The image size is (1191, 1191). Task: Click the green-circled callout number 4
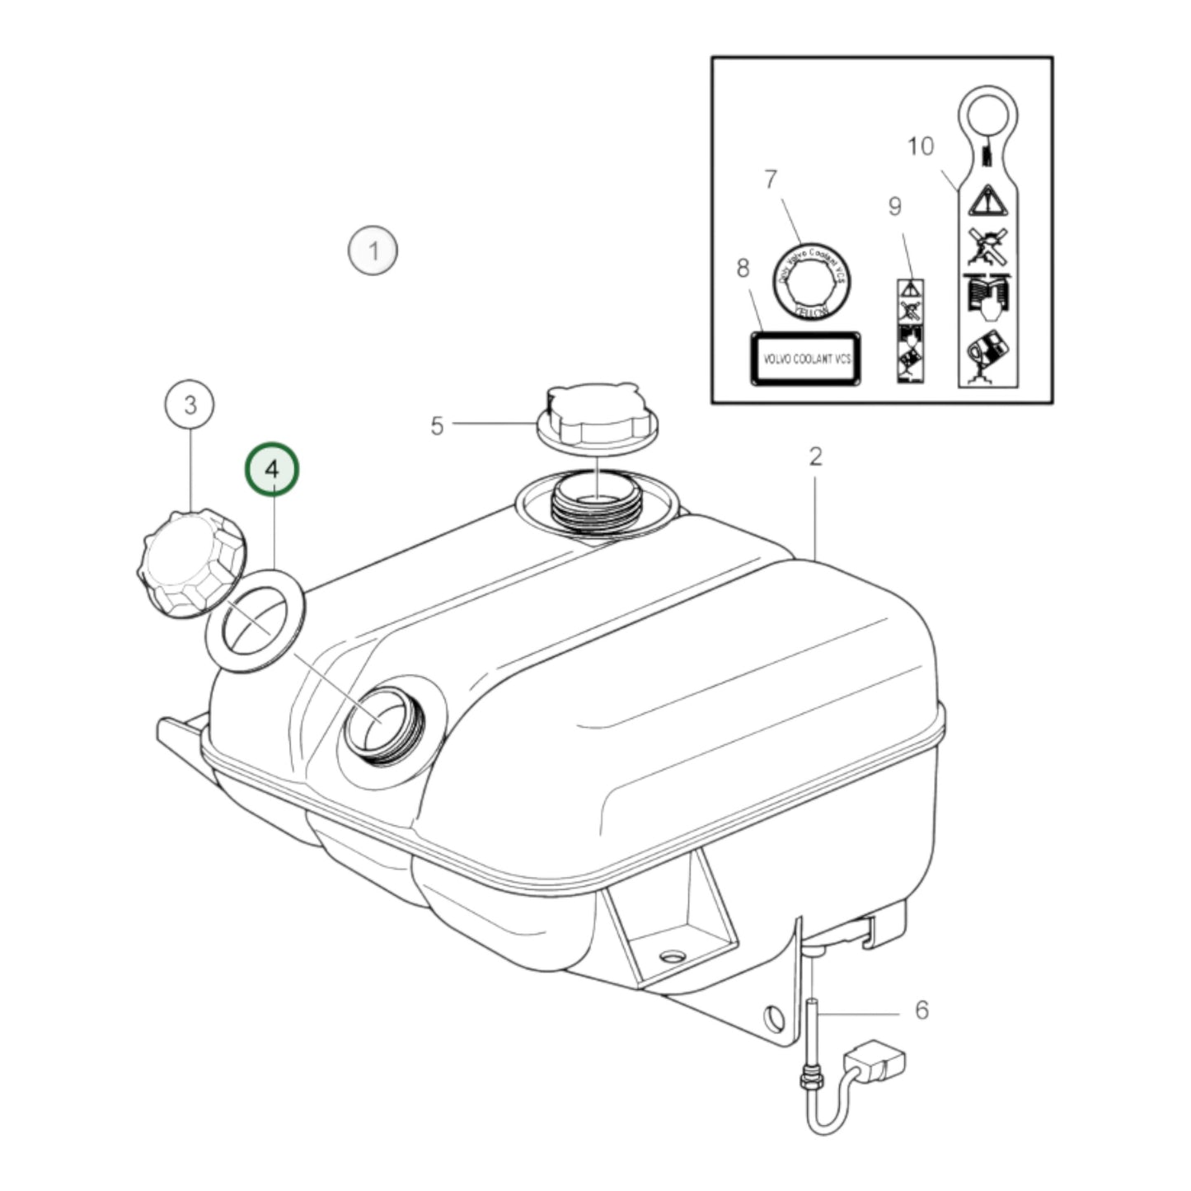pyautogui.click(x=272, y=469)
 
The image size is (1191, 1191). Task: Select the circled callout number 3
pyautogui.click(x=190, y=405)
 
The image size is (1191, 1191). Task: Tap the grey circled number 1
pyautogui.click(x=373, y=250)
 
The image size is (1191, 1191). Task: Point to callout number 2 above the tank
pyautogui.click(x=815, y=456)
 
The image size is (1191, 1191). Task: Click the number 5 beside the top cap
pyautogui.click(x=437, y=425)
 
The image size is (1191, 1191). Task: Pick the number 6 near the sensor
pyautogui.click(x=921, y=1009)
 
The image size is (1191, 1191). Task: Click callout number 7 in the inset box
pyautogui.click(x=771, y=179)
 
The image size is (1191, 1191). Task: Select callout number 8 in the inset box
pyautogui.click(x=743, y=268)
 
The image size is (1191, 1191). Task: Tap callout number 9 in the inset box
pyautogui.click(x=895, y=206)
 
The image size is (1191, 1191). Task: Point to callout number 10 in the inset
pyautogui.click(x=921, y=147)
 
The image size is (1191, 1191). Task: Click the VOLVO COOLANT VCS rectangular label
pyautogui.click(x=805, y=359)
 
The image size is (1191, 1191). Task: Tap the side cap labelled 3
pyautogui.click(x=192, y=565)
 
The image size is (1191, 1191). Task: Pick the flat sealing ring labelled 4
pyautogui.click(x=256, y=620)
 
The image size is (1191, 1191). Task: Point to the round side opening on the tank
pyautogui.click(x=381, y=722)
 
